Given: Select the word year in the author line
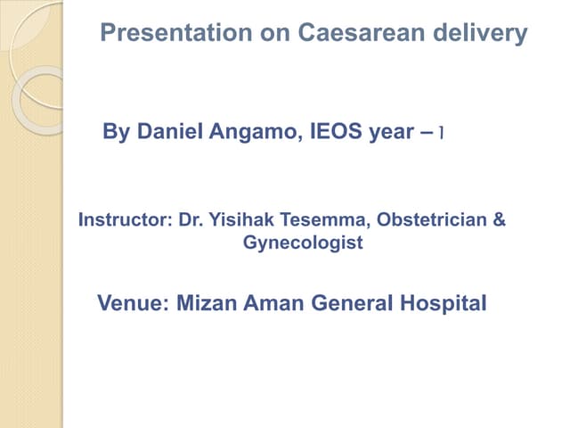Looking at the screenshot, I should (390, 134).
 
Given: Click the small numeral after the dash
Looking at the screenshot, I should (443, 134).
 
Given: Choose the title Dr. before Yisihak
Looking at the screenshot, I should (191, 219).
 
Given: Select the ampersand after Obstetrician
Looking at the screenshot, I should (499, 219).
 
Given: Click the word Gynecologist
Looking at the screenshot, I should (303, 243).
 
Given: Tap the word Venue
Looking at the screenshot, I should (132, 303).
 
